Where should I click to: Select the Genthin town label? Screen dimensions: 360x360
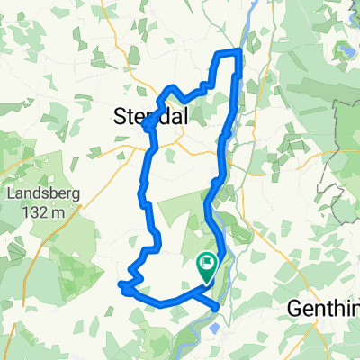click(x=324, y=309)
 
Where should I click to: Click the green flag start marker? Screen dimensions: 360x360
click(x=206, y=265)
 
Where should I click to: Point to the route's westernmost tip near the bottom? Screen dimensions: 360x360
click(x=120, y=285)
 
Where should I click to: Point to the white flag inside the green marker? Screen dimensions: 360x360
click(x=207, y=264)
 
